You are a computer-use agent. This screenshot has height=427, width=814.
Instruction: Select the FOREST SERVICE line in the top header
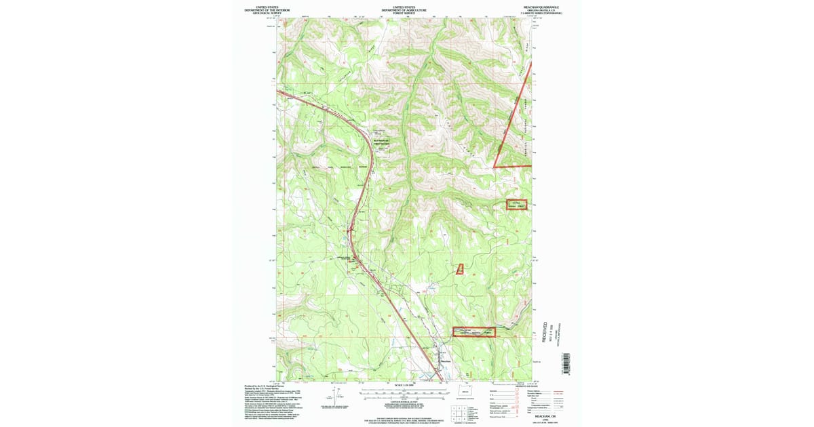[404, 13]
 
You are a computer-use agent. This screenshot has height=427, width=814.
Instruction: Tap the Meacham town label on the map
[445, 361]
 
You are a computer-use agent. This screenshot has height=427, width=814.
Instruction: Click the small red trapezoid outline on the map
[459, 269]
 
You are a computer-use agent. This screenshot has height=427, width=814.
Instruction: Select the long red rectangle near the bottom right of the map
[474, 331]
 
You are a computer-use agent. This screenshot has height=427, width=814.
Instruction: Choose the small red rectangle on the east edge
[517, 205]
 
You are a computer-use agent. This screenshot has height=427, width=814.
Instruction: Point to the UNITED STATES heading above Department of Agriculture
[404, 7]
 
